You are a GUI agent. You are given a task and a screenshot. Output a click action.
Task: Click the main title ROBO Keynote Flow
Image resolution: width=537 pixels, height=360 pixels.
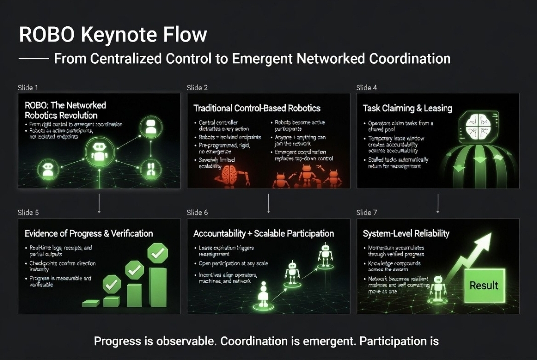coord(113,35)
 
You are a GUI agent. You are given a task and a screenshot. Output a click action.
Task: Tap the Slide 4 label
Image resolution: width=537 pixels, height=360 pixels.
coord(366,88)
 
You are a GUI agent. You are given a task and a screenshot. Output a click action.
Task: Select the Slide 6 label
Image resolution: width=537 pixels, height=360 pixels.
coord(197,213)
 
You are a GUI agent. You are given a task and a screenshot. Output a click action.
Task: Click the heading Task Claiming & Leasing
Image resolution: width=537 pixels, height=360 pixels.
coord(407,108)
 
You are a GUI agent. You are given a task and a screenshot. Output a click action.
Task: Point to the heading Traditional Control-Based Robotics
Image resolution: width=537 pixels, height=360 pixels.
coord(257,108)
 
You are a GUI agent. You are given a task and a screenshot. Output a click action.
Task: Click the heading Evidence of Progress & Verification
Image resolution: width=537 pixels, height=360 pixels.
coord(89,233)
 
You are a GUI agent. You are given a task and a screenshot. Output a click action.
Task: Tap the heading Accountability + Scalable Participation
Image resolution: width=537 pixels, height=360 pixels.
coord(264,233)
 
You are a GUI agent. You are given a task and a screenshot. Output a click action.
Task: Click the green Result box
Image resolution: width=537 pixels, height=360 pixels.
coord(484,285)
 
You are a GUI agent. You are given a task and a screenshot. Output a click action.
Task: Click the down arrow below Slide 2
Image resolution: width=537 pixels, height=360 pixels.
coord(268,203)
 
